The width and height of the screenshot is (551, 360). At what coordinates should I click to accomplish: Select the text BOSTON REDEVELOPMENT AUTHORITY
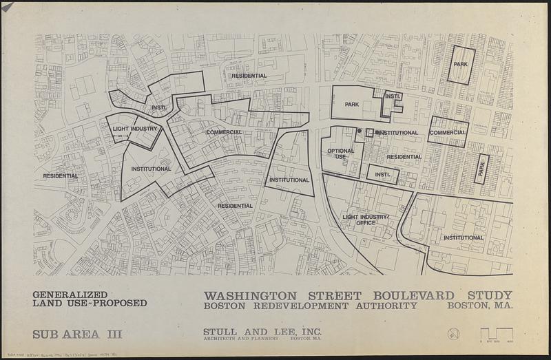click(x=310, y=306)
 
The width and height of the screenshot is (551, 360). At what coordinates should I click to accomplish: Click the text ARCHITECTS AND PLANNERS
click(x=240, y=339)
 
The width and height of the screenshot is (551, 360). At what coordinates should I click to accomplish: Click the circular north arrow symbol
click(x=453, y=334)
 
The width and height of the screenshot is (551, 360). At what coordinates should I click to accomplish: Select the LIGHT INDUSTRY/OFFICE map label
click(x=366, y=220)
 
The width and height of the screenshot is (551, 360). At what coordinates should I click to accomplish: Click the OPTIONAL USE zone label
click(x=340, y=153)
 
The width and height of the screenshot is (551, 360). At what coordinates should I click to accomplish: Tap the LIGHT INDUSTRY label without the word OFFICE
click(x=135, y=129)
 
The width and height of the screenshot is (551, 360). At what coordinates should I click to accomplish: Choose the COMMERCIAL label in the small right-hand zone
click(x=448, y=132)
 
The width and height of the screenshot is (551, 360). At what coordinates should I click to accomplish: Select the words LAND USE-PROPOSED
click(x=90, y=304)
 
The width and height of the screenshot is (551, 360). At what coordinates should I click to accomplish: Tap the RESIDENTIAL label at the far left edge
click(x=61, y=176)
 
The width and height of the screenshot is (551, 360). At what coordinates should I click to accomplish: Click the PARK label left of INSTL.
click(x=353, y=105)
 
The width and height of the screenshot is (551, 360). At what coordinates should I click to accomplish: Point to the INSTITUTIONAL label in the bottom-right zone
click(x=464, y=237)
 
